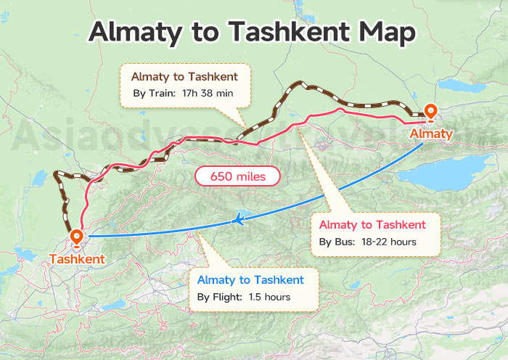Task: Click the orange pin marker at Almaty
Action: click(x=430, y=112)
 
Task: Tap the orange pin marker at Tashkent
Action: click(x=77, y=237)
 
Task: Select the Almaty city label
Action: click(x=431, y=134)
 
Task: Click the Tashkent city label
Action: click(x=77, y=258)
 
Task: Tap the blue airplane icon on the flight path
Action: click(x=237, y=218)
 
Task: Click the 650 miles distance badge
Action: click(x=237, y=176)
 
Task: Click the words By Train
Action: click(x=155, y=94)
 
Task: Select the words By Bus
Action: click(x=335, y=242)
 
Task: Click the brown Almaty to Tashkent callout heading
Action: click(x=184, y=76)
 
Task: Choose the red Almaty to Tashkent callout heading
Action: click(x=372, y=224)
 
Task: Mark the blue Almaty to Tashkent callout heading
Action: click(x=250, y=279)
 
